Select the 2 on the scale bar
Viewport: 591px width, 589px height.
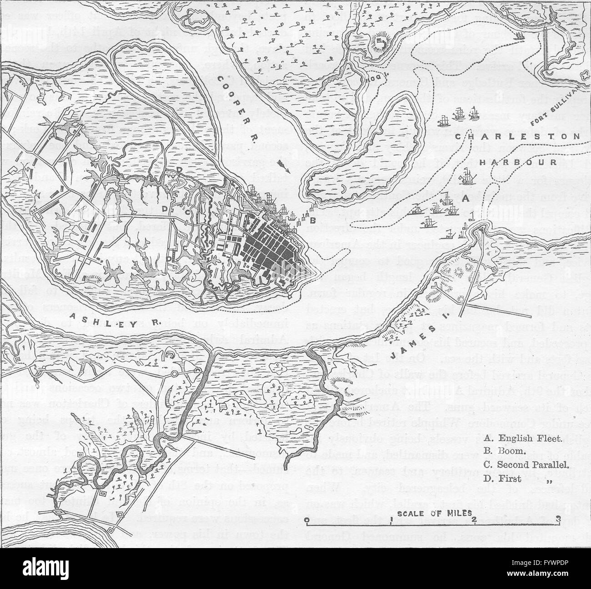473,520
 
